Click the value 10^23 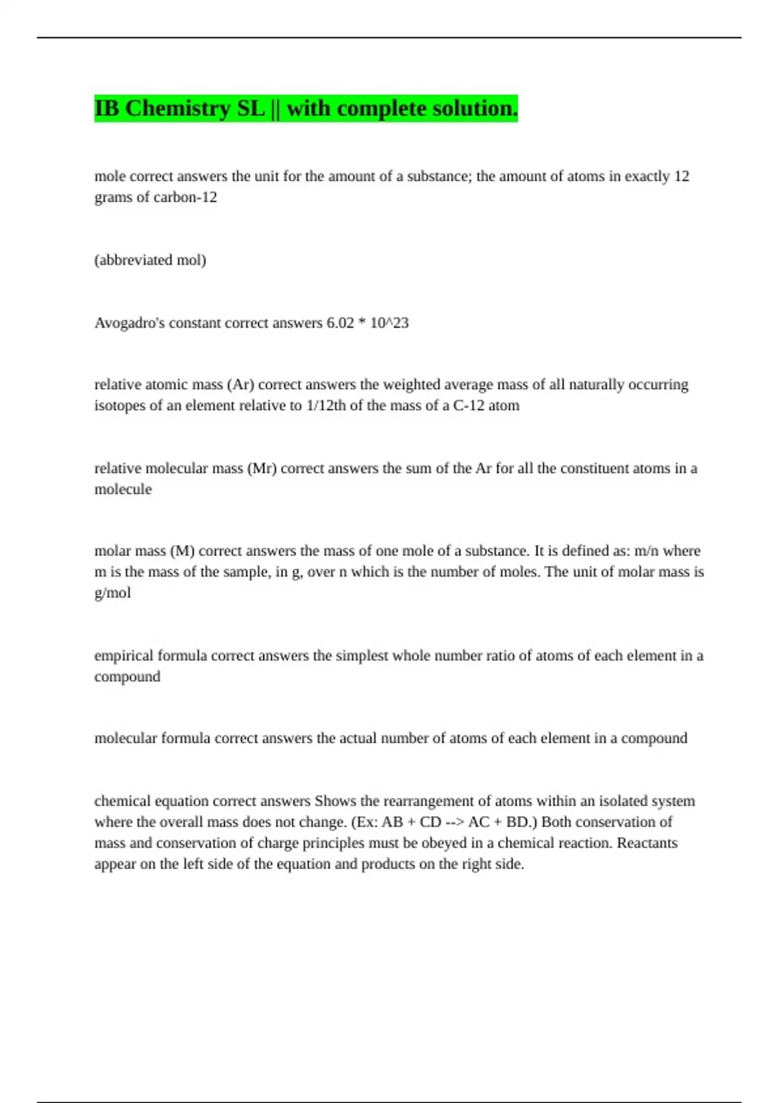tap(389, 323)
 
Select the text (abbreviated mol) tap(150, 260)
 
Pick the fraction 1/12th tap(325, 406)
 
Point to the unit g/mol tap(112, 593)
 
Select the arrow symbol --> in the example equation tap(454, 822)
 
